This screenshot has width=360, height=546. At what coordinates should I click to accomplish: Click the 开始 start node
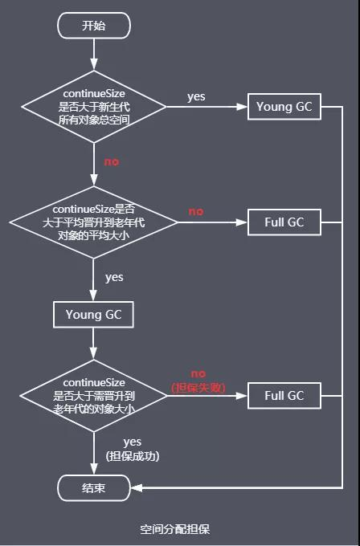point(94,26)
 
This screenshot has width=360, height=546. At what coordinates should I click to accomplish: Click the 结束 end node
point(94,487)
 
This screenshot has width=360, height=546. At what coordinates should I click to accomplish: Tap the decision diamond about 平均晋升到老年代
point(94,221)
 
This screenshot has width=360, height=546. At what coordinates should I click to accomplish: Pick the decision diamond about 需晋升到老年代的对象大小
point(94,394)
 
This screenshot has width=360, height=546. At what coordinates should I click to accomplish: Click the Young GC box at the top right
point(284,107)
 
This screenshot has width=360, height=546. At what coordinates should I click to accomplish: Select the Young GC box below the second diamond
point(94,315)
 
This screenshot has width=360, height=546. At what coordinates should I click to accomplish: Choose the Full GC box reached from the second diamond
point(284,222)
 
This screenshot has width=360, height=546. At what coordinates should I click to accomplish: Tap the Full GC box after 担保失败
point(284,395)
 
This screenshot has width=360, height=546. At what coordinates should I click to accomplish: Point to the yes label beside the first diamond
point(196,96)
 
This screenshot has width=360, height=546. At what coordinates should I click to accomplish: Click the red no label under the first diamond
point(111,161)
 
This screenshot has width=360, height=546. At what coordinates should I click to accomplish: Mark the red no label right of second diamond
point(196,211)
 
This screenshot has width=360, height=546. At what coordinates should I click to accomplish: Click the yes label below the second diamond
point(114,277)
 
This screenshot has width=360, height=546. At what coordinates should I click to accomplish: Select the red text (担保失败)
point(198,388)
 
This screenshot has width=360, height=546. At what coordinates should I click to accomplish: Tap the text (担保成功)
point(133,456)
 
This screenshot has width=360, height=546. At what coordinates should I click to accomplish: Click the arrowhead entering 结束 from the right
point(137,487)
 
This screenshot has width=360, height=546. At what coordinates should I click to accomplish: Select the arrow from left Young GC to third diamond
point(94,344)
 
